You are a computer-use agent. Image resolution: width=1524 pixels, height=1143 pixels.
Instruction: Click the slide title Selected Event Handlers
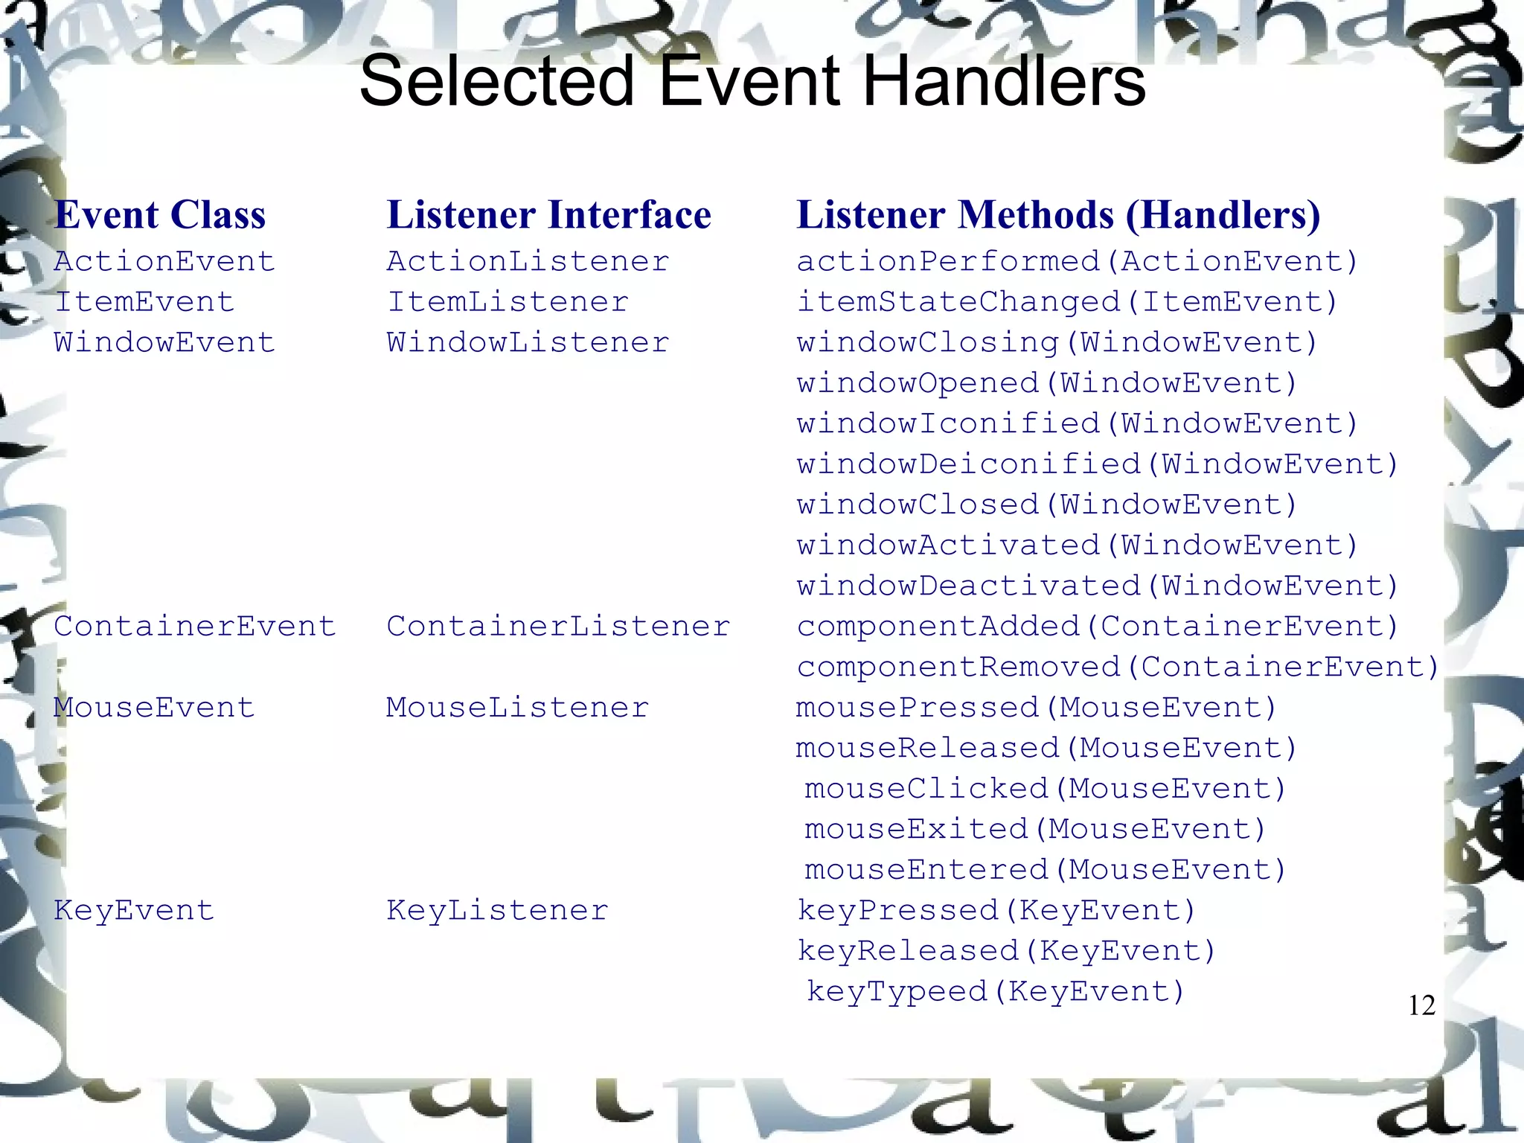pos(752,82)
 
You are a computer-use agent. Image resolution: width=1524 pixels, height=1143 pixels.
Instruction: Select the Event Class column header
pos(160,215)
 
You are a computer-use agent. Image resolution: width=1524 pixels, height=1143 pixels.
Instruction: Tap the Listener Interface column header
pos(548,215)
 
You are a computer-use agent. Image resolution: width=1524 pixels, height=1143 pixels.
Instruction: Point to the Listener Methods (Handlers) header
pos(1058,215)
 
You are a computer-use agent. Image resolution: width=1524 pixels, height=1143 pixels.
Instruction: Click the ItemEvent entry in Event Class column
pos(144,302)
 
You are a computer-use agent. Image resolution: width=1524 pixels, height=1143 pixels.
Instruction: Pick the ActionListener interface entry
pos(528,262)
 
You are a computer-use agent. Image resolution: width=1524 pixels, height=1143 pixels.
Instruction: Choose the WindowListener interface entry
pos(528,343)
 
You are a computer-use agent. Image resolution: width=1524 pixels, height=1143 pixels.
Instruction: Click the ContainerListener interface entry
pos(558,627)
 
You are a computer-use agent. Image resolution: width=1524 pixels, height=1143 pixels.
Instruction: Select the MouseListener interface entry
pos(517,708)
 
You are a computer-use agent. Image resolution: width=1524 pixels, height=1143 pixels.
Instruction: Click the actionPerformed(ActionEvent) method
pos(1078,262)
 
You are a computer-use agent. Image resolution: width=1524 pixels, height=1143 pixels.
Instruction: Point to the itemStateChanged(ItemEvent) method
pos(1067,302)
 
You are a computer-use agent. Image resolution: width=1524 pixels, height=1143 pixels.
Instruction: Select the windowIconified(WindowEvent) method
pos(1078,424)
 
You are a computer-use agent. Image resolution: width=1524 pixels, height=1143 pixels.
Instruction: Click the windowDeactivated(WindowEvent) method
pos(1098,586)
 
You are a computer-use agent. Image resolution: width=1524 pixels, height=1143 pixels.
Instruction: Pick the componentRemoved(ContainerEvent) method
pos(1118,667)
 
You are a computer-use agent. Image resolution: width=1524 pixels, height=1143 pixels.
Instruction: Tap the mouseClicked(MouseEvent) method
pos(1045,789)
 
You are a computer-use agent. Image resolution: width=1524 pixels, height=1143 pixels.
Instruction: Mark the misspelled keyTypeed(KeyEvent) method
pos(995,992)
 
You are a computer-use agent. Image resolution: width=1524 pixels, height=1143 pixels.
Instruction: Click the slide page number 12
pos(1421,1006)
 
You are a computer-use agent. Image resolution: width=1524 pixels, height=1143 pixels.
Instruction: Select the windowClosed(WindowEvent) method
pos(1047,505)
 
